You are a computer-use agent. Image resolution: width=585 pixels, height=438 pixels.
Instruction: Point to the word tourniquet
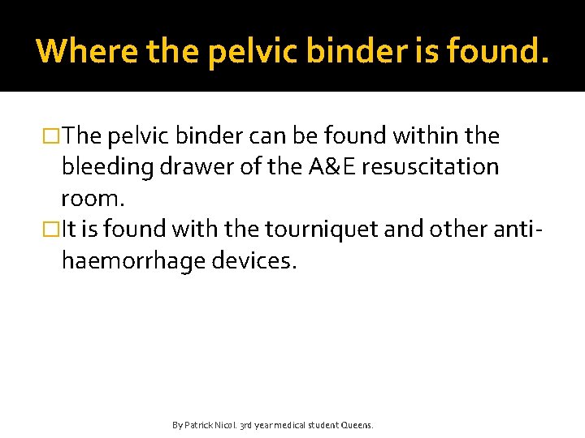[290, 230]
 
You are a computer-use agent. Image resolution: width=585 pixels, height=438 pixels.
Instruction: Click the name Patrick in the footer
[199, 425]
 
